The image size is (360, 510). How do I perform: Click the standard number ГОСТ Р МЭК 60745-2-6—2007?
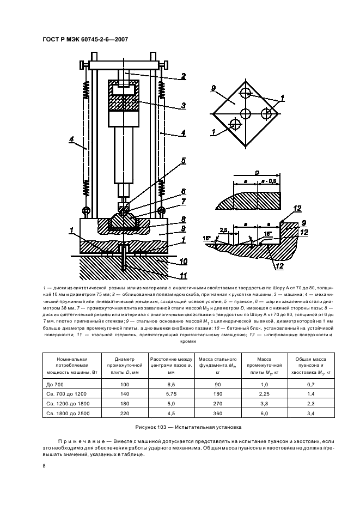(x=84, y=39)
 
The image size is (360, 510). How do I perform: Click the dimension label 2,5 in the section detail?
(x=222, y=230)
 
